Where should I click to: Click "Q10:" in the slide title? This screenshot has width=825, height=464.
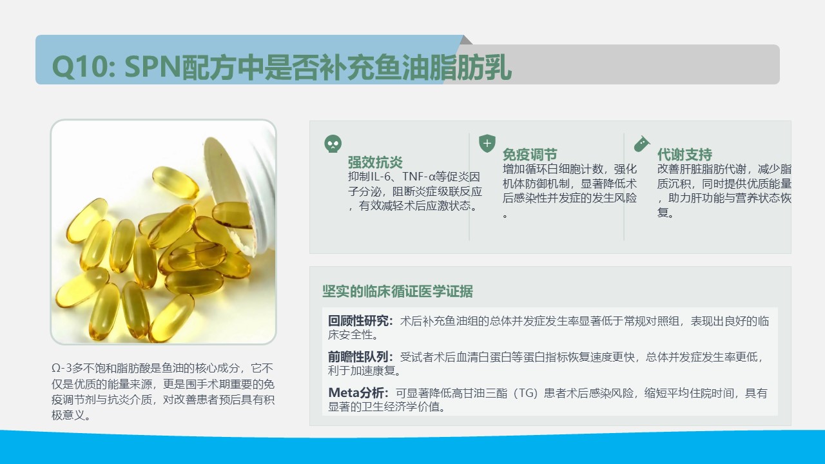click(84, 68)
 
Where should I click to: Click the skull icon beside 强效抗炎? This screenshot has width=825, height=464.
click(333, 144)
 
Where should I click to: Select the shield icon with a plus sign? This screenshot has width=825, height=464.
click(487, 143)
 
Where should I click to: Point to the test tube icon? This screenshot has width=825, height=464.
click(641, 144)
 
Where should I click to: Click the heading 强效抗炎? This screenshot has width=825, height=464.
click(375, 162)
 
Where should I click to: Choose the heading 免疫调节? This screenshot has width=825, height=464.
click(530, 154)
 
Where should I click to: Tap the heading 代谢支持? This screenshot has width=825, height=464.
click(684, 154)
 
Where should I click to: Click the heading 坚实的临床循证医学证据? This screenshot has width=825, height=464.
click(398, 291)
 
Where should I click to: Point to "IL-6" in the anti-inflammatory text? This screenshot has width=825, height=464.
click(380, 177)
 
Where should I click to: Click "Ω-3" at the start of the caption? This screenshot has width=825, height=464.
click(61, 368)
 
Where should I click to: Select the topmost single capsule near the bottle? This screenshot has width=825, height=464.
click(175, 182)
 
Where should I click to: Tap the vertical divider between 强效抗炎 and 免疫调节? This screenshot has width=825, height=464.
click(469, 187)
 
